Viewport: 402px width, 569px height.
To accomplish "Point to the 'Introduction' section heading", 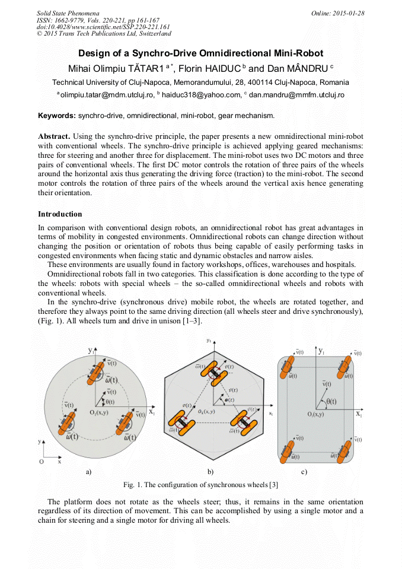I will (60, 214).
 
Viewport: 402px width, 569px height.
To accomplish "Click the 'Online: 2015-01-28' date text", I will (337, 12).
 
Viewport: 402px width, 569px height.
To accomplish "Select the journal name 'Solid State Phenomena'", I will (68, 12).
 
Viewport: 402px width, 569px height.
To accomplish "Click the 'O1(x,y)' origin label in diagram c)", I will (315, 414).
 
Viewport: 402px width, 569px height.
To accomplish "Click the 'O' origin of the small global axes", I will (41, 461).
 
